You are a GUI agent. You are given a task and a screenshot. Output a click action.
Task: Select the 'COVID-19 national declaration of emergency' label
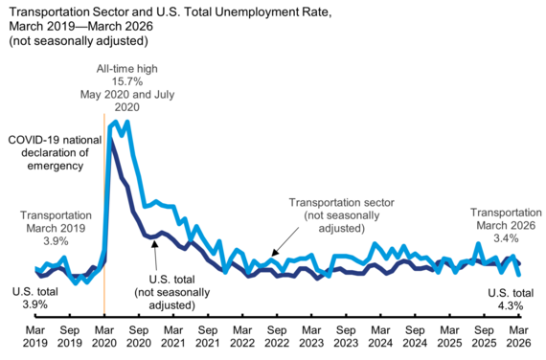coord(48,152)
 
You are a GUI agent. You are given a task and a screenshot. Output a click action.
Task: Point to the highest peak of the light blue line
coord(126,122)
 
